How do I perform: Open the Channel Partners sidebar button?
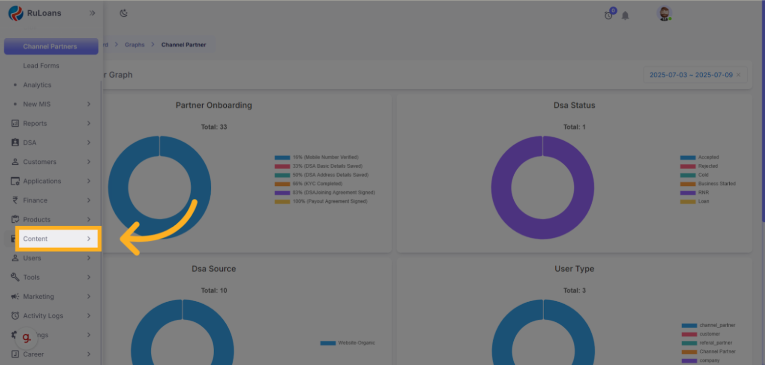coord(50,47)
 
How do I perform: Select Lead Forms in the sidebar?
coord(41,66)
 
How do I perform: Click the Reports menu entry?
coord(35,124)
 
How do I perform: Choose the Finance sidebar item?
coord(35,200)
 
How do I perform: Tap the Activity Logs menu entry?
coord(43,316)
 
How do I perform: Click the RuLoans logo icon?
coord(16,13)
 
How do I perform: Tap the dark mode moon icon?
coord(123,13)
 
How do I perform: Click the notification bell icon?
coord(625,16)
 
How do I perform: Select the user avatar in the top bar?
coord(664,14)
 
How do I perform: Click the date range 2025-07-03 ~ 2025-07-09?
coord(691,75)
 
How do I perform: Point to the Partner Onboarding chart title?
coord(214,105)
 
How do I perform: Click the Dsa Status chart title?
coord(574,105)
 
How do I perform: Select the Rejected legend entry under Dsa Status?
coord(708,166)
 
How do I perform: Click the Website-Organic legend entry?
coord(356,343)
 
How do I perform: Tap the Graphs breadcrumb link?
coord(135,45)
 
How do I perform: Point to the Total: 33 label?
coord(214,127)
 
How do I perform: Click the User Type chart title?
coord(574,269)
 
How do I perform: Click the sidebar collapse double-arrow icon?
coord(92,13)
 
